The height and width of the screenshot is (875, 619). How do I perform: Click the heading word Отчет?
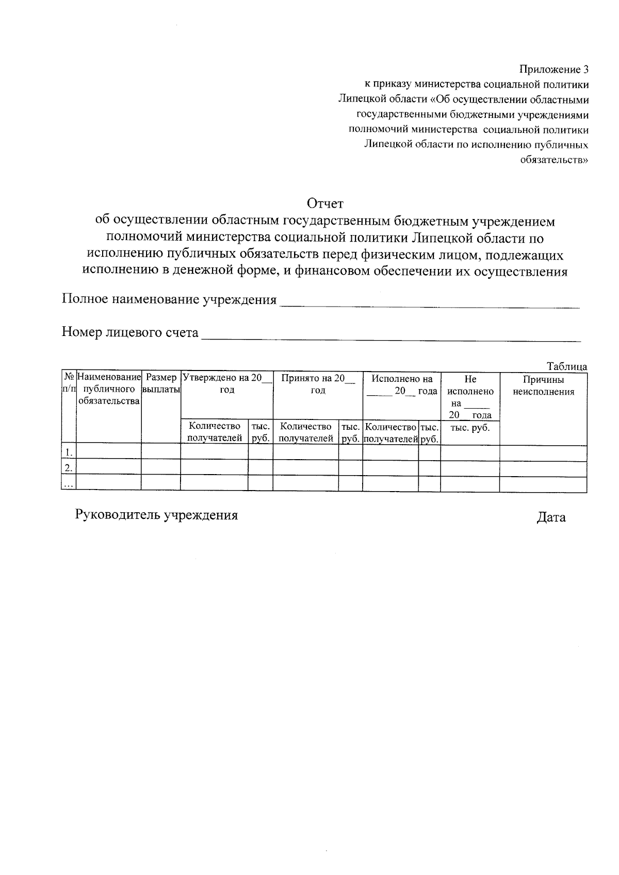[325, 204]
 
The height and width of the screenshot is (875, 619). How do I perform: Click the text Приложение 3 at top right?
[553, 69]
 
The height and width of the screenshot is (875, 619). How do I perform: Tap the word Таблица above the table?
[566, 366]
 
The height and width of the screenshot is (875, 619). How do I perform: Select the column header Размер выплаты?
[161, 384]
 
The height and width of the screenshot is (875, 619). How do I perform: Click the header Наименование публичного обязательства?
[109, 389]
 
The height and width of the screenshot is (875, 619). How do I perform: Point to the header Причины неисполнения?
[543, 385]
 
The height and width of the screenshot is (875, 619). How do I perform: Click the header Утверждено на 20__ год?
[227, 384]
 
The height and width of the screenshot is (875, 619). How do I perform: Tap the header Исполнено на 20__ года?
[402, 385]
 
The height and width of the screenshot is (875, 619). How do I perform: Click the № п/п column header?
[69, 384]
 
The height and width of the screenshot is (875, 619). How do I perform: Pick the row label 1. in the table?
[68, 452]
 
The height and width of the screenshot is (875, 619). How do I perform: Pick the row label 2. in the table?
[68, 468]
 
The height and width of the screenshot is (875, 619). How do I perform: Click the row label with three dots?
[68, 484]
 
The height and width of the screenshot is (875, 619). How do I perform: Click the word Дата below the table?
[551, 517]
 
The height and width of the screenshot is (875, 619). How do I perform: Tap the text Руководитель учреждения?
[156, 515]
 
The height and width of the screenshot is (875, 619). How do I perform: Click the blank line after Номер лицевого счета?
[390, 338]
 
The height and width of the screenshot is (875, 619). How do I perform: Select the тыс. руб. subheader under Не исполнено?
[470, 428]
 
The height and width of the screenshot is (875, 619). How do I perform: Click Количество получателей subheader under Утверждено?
[215, 432]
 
